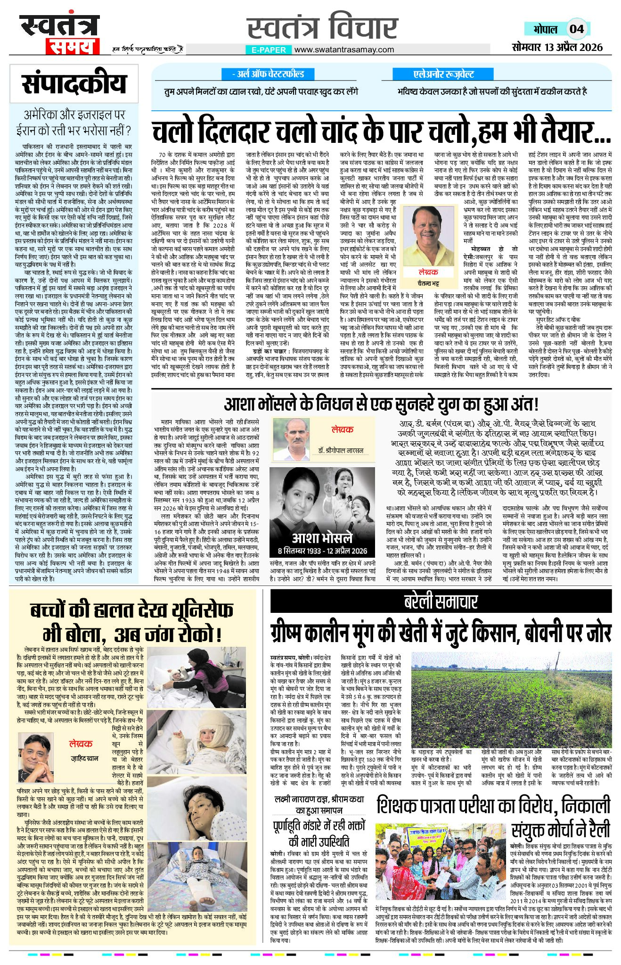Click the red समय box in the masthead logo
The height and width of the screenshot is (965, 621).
click(72, 47)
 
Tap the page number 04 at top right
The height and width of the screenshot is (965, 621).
click(576, 29)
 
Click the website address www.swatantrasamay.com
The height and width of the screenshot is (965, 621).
click(344, 49)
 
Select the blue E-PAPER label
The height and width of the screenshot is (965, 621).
click(269, 49)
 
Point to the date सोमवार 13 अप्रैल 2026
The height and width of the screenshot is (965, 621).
click(557, 47)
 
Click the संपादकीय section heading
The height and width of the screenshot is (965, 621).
click(74, 83)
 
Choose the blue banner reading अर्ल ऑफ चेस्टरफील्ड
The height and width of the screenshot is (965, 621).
click(268, 74)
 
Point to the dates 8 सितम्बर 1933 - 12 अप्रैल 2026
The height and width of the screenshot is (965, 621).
click(322, 551)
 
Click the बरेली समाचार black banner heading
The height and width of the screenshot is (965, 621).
click(441, 602)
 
